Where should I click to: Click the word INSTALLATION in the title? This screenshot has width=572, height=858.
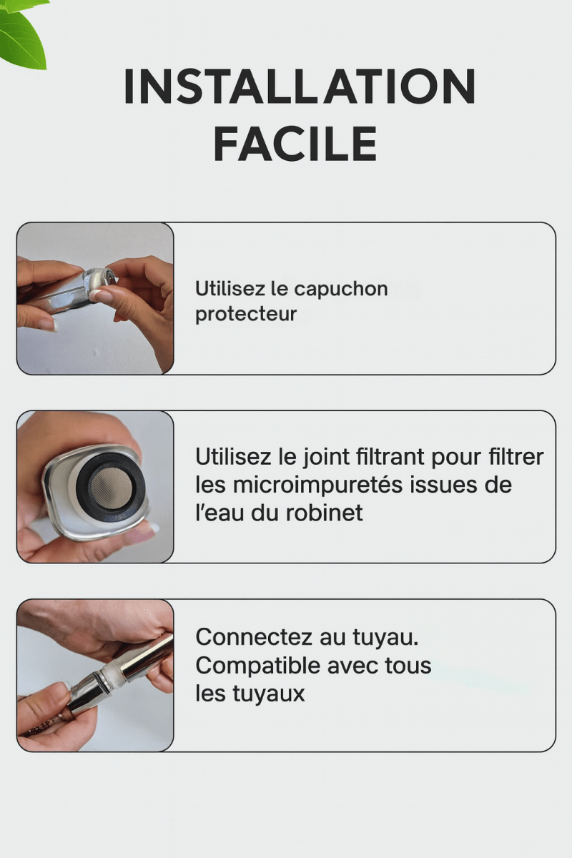pyautogui.click(x=300, y=87)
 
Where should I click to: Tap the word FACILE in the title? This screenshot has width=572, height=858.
pyautogui.click(x=295, y=144)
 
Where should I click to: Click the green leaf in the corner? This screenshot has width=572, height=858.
pyautogui.click(x=21, y=32)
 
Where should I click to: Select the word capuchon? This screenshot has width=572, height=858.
pyautogui.click(x=341, y=290)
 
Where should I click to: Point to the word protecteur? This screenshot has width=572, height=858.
pyautogui.click(x=246, y=314)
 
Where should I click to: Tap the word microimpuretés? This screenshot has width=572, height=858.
pyautogui.click(x=318, y=485)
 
